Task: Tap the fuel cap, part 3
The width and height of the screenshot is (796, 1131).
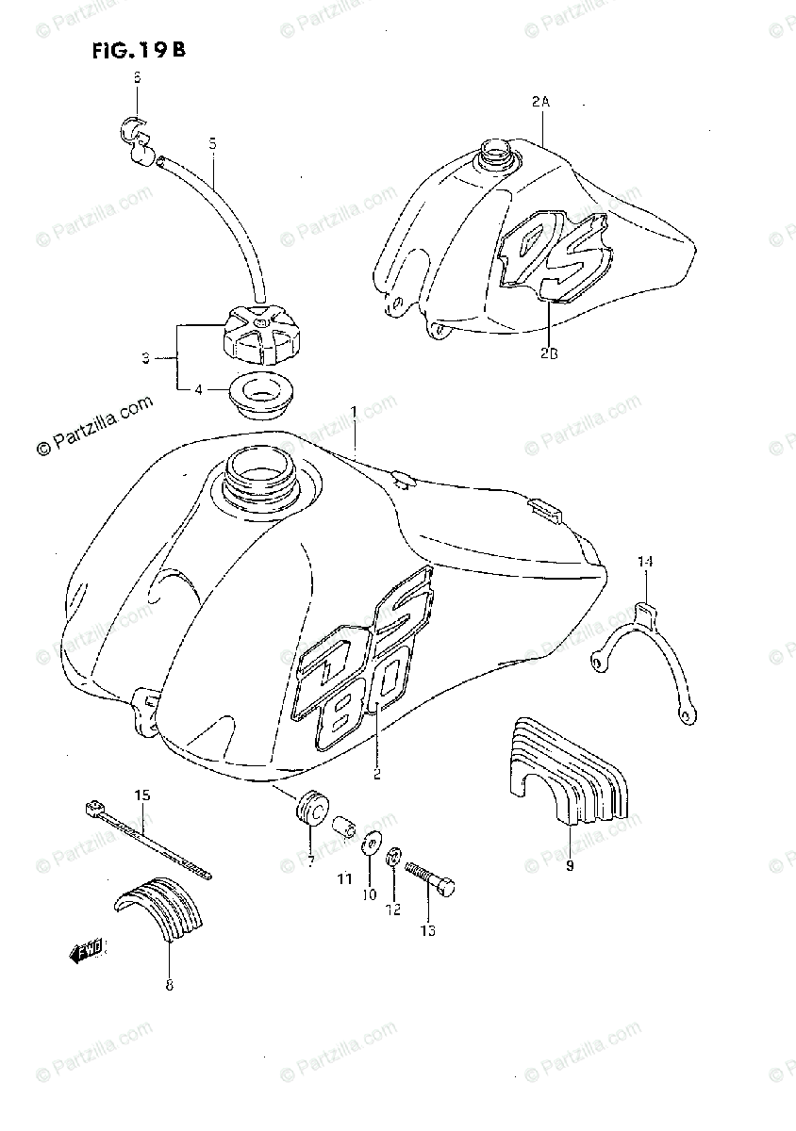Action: (x=258, y=335)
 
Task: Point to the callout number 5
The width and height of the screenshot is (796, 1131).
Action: (x=212, y=143)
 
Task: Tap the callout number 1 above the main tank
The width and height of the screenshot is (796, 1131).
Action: (x=355, y=412)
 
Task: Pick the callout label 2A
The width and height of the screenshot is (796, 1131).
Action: (x=539, y=101)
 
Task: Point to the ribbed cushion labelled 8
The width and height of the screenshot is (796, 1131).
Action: (x=166, y=908)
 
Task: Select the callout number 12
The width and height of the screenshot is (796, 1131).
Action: (x=392, y=910)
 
